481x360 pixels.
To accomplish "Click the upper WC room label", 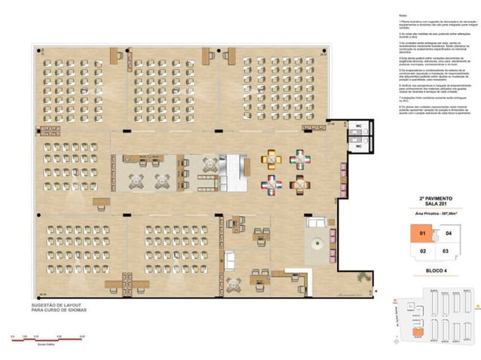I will click(360, 125).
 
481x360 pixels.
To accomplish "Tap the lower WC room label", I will click(360, 139).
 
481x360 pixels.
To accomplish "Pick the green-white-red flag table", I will click(300, 159).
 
